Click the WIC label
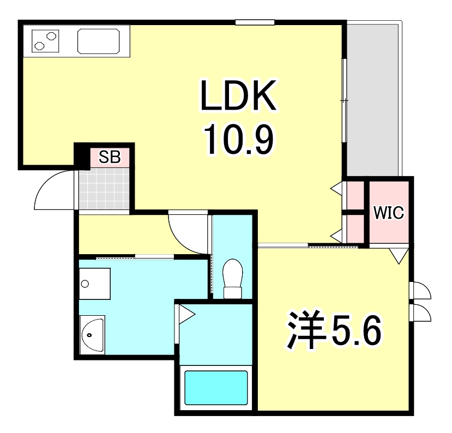389,213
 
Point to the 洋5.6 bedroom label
332,330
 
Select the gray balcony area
373,98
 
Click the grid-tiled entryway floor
104,188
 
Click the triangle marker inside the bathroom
186,315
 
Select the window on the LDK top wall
255,22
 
